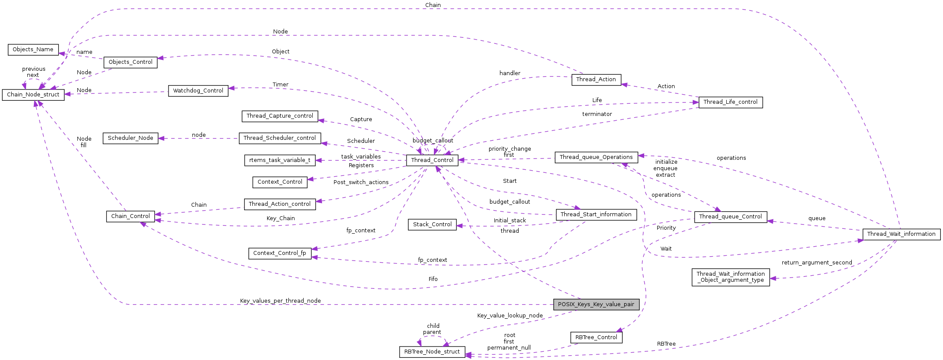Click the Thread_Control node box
[x=432, y=160]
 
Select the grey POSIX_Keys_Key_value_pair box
[x=596, y=304]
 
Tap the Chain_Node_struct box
[x=33, y=95]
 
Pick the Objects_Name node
[x=33, y=50]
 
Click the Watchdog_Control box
[x=198, y=91]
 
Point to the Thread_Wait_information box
[x=901, y=234]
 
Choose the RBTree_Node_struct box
[x=432, y=352]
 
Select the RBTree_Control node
[x=596, y=337]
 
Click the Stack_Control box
[x=432, y=225]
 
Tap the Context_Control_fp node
[x=280, y=253]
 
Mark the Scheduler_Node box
[x=130, y=138]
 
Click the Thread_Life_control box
[x=730, y=102]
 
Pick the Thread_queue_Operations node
[x=596, y=157]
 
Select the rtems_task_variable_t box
[x=280, y=160]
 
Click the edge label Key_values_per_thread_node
[x=280, y=301]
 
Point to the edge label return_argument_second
[x=817, y=263]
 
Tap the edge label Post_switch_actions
[x=361, y=182]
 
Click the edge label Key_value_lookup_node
[x=510, y=316]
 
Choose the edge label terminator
[x=597, y=114]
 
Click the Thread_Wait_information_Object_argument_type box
[x=731, y=277]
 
